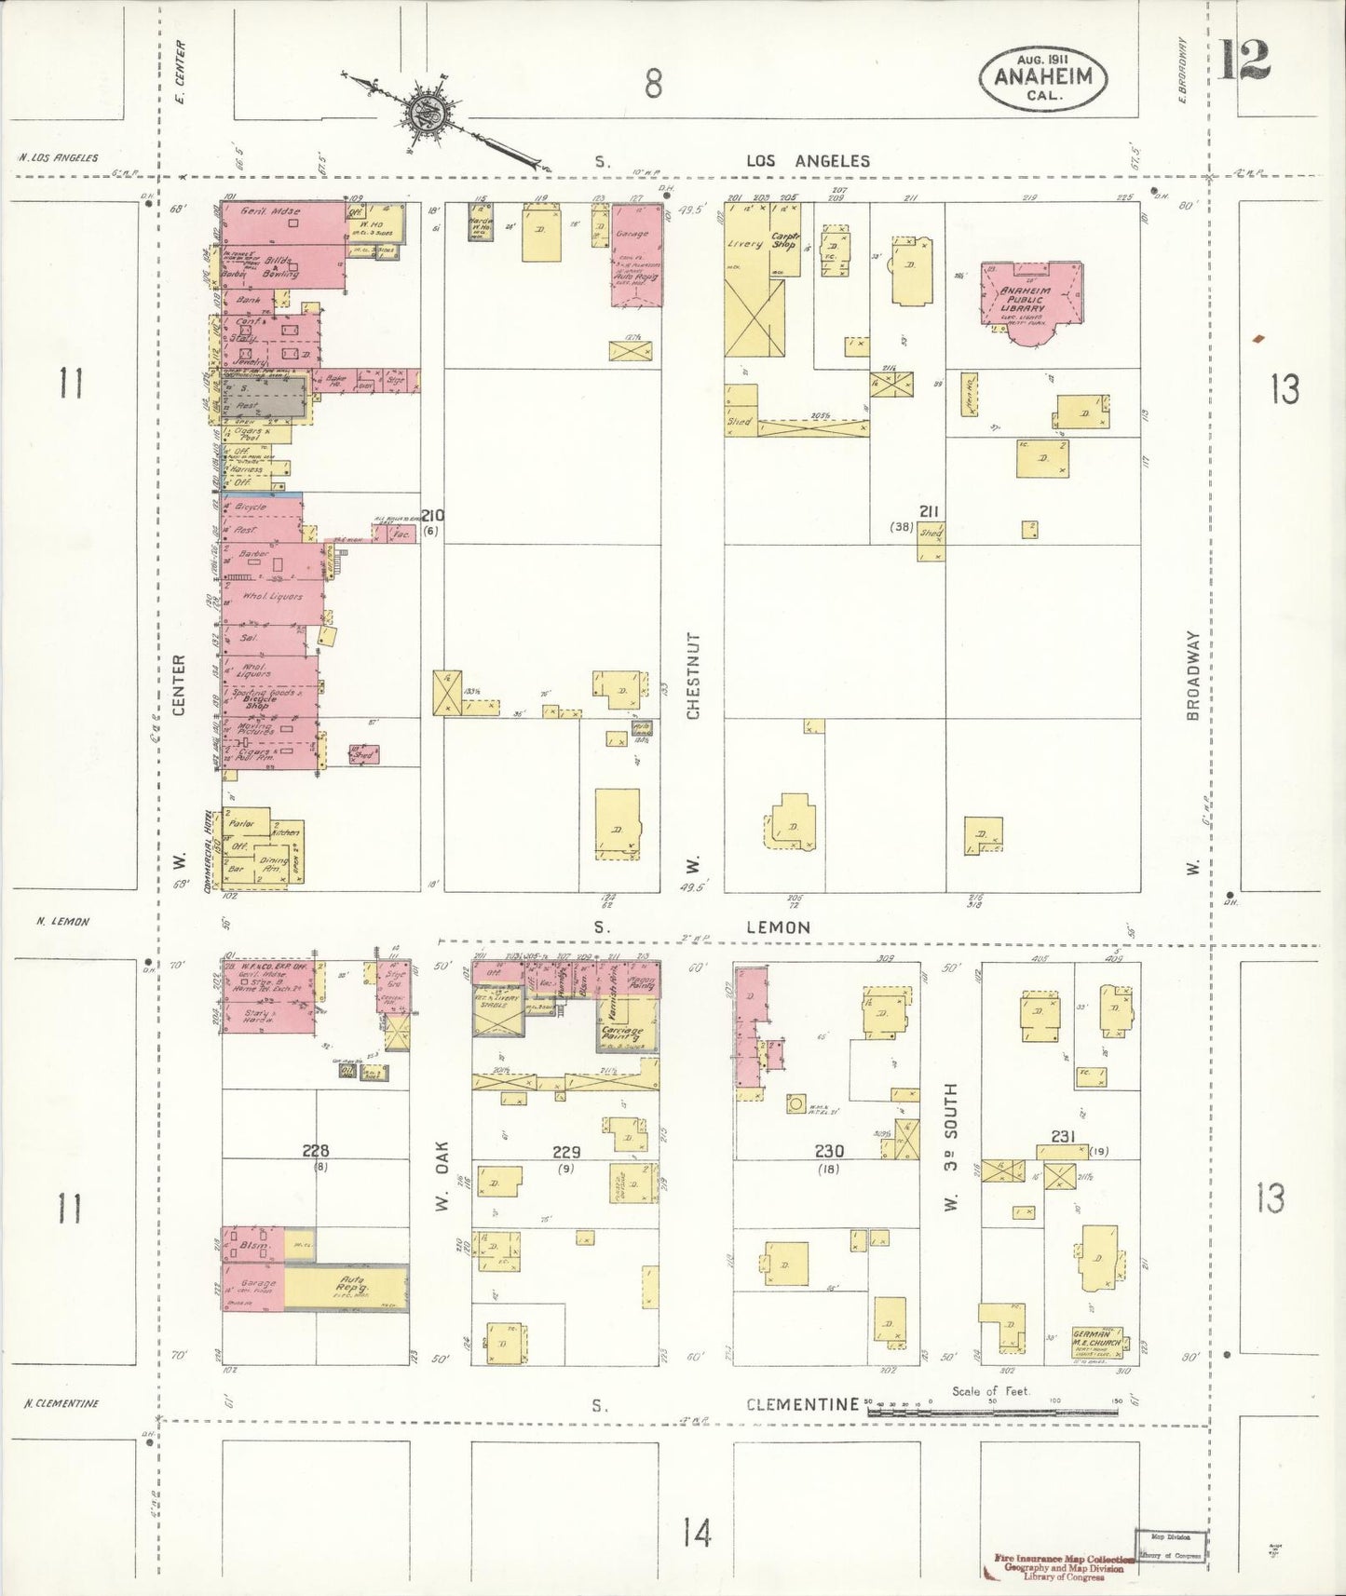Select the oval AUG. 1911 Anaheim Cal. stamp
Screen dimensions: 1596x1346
coord(1042,76)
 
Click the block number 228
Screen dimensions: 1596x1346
coord(316,1151)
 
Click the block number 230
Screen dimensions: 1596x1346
coord(828,1151)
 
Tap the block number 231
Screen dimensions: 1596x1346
coord(1063,1136)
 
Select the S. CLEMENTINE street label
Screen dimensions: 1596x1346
coord(801,1404)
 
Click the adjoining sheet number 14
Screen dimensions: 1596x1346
coord(696,1531)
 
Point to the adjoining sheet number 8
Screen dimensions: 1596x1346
coord(653,85)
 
